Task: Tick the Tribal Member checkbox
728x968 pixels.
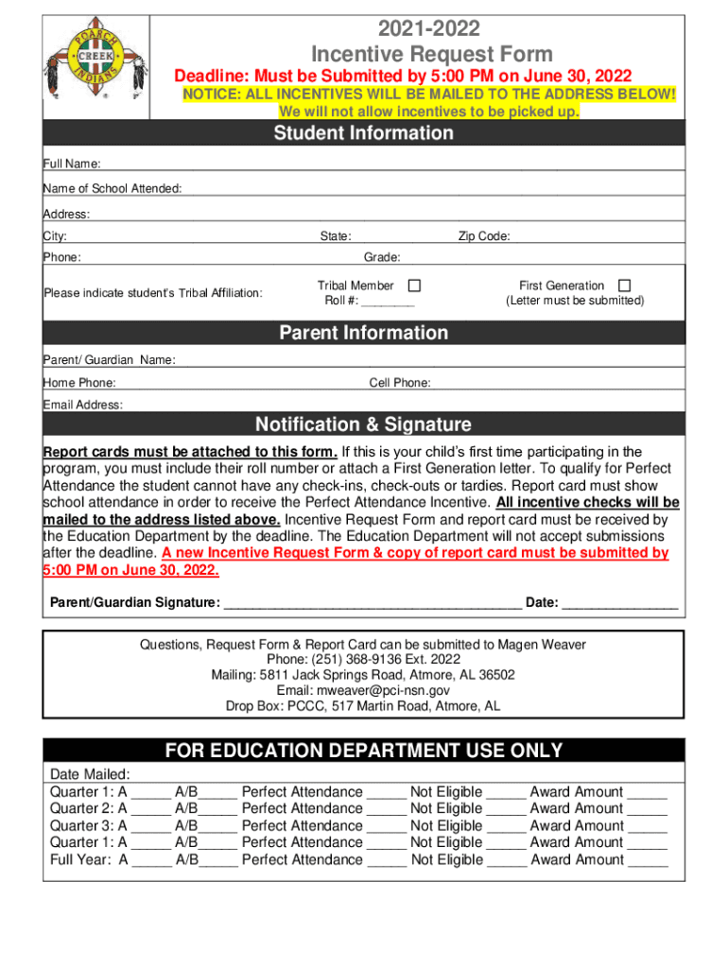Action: coord(414,285)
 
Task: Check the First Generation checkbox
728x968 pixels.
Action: coord(624,285)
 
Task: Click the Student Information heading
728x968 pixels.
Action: coord(363,133)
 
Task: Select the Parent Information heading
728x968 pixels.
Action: coord(363,333)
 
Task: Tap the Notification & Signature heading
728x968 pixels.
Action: coord(363,424)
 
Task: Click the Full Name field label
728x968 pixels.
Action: coord(72,164)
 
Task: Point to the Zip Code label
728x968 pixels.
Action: coord(484,236)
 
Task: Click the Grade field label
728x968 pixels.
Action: coord(382,257)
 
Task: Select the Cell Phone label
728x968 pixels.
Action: coord(400,383)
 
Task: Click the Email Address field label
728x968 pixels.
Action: coord(83,405)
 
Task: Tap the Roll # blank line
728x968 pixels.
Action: coord(387,302)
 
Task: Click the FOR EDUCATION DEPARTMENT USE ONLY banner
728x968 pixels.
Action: coord(363,751)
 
